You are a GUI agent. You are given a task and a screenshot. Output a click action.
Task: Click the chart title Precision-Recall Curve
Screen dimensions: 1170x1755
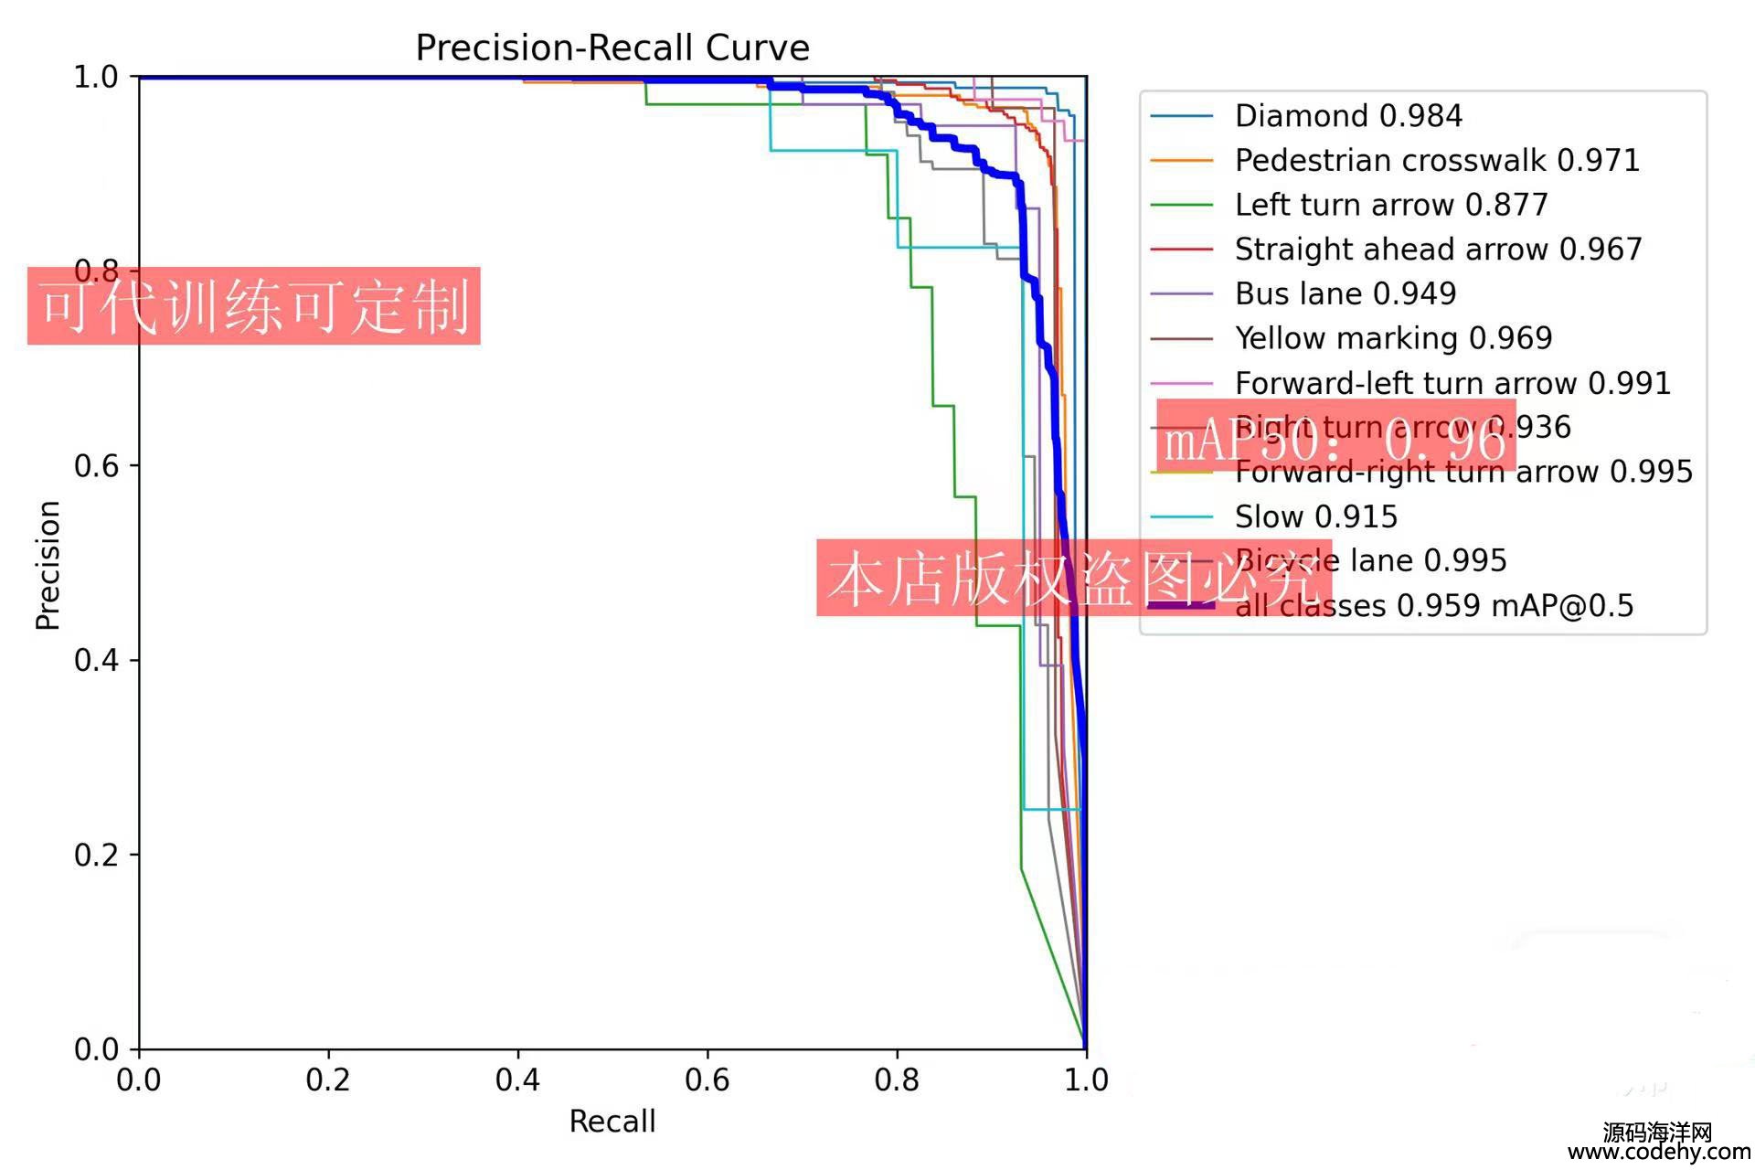(612, 48)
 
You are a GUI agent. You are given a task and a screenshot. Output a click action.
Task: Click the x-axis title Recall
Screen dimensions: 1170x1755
(612, 1122)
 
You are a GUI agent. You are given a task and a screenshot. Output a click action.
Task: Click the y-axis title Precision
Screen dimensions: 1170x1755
(48, 565)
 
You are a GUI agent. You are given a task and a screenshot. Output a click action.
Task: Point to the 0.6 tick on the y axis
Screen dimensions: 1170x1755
(96, 465)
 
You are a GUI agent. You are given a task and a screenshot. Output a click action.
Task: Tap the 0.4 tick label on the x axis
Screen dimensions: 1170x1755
(517, 1080)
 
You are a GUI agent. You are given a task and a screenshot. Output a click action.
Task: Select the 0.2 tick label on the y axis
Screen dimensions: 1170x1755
(96, 855)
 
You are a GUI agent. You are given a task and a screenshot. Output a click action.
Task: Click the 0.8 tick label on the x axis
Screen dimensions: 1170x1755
(897, 1080)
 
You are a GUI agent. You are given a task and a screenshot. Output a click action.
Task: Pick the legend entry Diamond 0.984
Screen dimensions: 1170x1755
(1348, 116)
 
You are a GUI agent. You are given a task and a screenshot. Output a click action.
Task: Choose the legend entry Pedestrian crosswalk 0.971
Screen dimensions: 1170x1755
(1437, 161)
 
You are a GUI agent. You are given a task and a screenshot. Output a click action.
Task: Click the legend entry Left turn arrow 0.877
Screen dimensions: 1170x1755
(1391, 205)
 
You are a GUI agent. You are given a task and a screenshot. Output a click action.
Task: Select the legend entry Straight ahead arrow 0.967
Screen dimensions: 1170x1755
(1438, 250)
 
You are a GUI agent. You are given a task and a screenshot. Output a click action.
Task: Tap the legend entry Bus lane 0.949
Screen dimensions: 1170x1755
(1345, 293)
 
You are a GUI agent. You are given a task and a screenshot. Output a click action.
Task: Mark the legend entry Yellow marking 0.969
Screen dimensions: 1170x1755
(1393, 338)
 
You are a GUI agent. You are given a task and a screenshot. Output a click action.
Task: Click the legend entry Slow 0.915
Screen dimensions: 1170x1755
(1316, 517)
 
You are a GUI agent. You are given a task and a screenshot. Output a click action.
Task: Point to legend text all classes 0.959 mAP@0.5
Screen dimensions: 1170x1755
(1433, 606)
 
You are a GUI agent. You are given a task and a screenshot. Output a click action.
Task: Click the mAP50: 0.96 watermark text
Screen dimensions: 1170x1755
(1335, 440)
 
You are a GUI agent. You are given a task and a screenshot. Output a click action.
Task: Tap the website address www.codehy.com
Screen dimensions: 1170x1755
(1659, 1153)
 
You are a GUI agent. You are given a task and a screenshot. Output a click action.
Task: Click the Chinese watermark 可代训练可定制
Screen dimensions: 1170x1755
(254, 306)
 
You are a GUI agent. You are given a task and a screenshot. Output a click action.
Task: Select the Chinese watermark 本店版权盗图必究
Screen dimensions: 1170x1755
(1073, 578)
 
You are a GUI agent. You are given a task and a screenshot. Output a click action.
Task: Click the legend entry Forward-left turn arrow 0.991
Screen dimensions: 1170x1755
(1452, 383)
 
